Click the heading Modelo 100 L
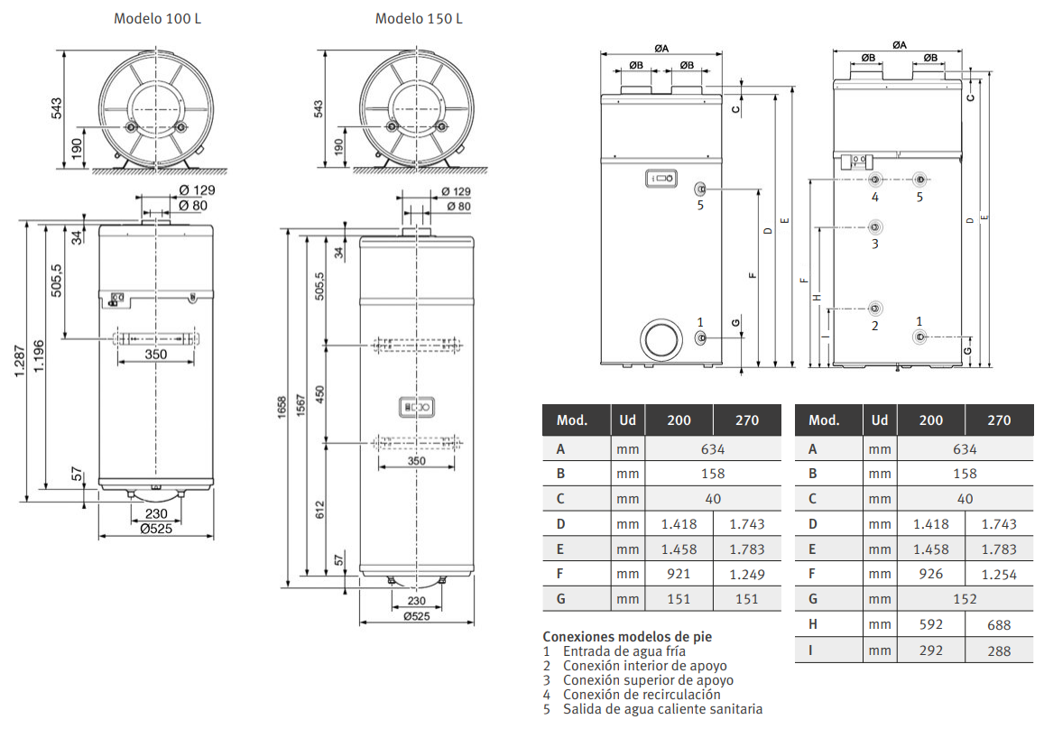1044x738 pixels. pos(157,19)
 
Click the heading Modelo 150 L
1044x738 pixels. pos(419,19)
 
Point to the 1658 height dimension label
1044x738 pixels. pos(282,408)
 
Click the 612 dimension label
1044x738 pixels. pos(320,510)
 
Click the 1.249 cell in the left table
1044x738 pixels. pos(747,575)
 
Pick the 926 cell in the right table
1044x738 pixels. pos(931,573)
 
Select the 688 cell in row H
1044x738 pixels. pos(999,625)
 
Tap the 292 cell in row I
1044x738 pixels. pos(931,650)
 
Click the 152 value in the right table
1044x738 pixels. pos(965,599)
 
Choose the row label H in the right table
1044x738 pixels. pos(813,624)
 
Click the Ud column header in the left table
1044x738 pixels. pos(627,420)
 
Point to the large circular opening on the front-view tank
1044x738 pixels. pos(661,338)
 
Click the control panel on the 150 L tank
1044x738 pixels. pos(416,407)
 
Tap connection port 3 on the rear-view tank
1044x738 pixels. pos(875,227)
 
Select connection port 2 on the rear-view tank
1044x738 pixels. pos(875,309)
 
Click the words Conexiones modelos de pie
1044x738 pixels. pos(627,637)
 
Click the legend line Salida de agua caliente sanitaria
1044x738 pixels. pos(662,709)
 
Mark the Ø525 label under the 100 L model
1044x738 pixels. pos(156,529)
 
